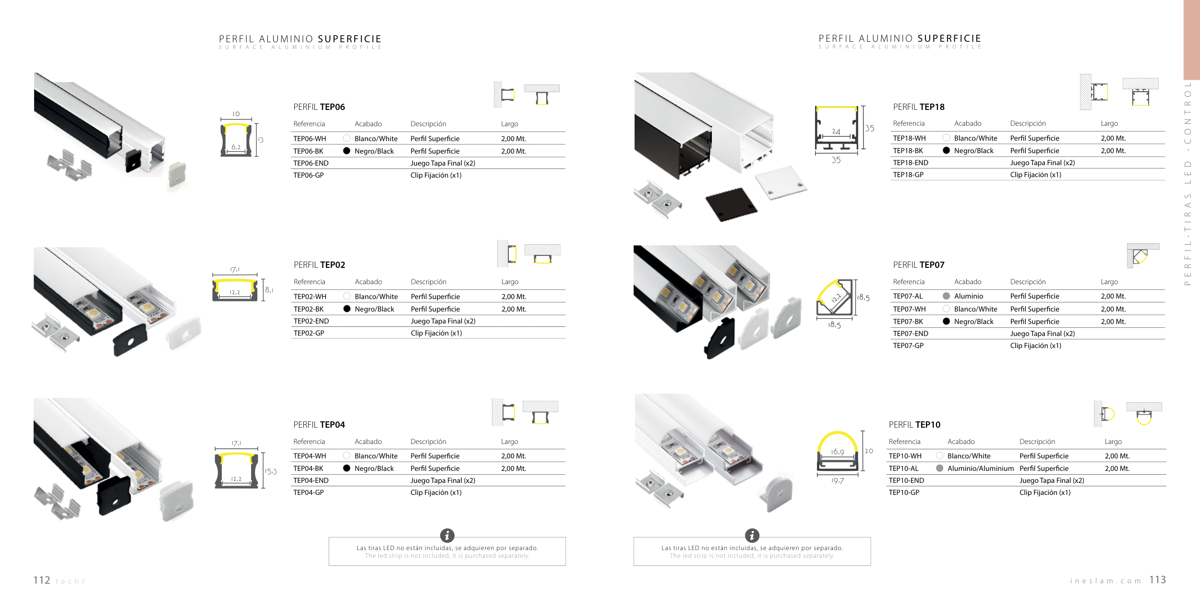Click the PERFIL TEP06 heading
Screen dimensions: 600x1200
(x=319, y=107)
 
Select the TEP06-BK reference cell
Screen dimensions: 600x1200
(x=308, y=151)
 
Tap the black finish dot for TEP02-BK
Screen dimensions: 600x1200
(x=347, y=309)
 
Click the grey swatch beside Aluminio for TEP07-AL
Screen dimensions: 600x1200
(x=946, y=296)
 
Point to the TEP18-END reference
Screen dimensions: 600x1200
(x=911, y=163)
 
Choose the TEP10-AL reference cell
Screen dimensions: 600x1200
(x=903, y=468)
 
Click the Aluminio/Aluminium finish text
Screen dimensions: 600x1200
(x=980, y=468)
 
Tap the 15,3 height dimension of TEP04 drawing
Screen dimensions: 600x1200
(x=271, y=471)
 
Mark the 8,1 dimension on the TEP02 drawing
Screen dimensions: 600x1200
(x=269, y=290)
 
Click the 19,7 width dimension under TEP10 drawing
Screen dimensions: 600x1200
(x=838, y=480)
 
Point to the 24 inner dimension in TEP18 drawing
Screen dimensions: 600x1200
(x=836, y=132)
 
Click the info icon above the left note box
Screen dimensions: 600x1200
(x=447, y=535)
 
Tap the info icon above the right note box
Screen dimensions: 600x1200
(x=752, y=535)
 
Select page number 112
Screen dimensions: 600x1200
(x=42, y=580)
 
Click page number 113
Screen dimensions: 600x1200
(x=1157, y=580)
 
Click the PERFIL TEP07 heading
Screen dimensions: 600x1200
(x=918, y=265)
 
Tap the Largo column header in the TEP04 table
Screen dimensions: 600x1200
(x=509, y=442)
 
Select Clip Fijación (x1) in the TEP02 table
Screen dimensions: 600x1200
(x=436, y=333)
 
